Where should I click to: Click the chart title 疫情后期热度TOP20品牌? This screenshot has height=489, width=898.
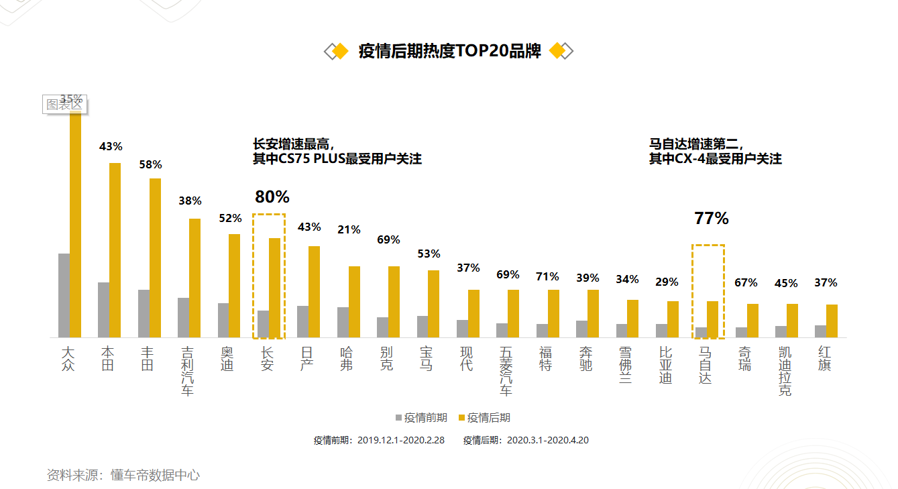click(x=449, y=52)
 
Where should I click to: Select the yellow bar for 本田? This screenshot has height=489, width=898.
click(x=115, y=250)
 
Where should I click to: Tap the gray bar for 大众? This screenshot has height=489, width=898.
click(x=64, y=295)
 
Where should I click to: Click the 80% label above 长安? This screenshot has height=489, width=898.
click(x=272, y=197)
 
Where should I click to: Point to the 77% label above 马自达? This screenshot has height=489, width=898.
click(x=711, y=218)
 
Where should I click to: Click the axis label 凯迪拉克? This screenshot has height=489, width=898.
click(x=785, y=371)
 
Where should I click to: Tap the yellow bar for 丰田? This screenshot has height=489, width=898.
click(x=155, y=258)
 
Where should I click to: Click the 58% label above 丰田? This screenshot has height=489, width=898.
click(x=150, y=164)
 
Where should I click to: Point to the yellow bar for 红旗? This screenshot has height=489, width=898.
click(x=832, y=321)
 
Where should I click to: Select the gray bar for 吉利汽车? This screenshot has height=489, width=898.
click(x=183, y=317)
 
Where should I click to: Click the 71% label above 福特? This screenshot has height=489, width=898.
click(x=547, y=276)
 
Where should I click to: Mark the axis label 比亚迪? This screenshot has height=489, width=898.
click(x=665, y=365)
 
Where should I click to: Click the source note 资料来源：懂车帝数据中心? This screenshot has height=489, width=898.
click(x=123, y=475)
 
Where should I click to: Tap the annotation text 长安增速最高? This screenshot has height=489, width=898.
click(x=292, y=144)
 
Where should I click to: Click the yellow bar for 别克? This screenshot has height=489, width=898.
click(x=394, y=302)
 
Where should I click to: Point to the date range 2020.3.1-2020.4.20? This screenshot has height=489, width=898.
click(x=547, y=441)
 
